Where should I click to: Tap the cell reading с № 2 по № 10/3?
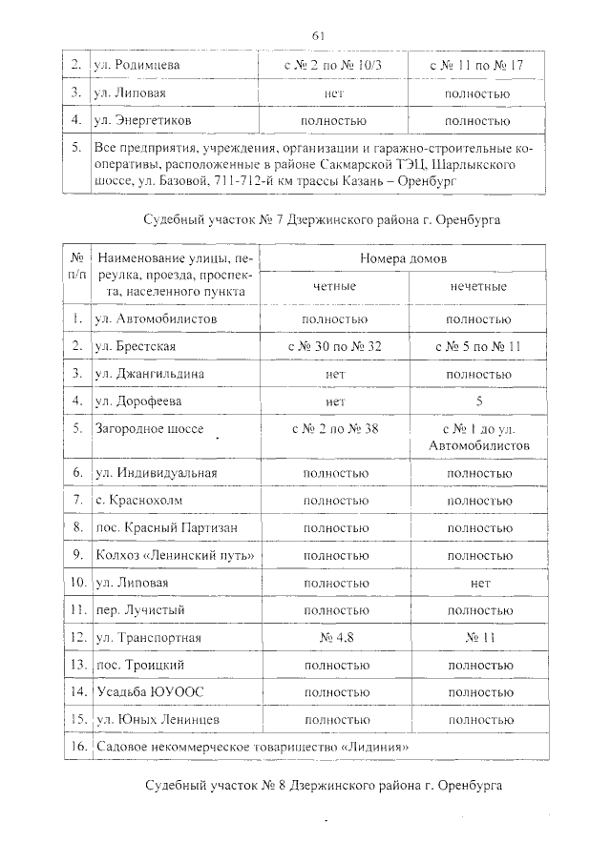(x=333, y=66)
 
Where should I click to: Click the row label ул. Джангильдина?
(x=149, y=374)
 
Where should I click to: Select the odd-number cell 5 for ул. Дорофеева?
(x=477, y=401)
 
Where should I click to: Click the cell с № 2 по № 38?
(x=333, y=429)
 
